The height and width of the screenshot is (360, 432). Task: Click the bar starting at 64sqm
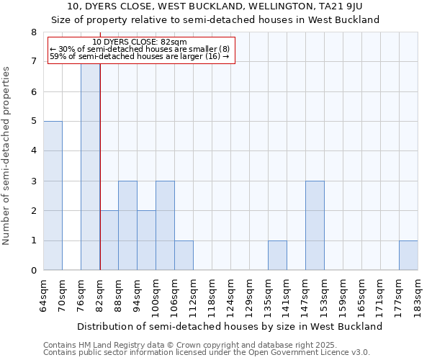click(x=53, y=196)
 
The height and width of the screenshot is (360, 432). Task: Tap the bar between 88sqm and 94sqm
click(x=127, y=225)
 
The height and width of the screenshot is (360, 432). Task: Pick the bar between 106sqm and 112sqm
click(x=184, y=256)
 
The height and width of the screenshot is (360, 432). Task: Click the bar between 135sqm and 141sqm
click(x=277, y=256)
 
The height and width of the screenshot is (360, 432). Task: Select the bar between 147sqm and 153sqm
click(x=315, y=225)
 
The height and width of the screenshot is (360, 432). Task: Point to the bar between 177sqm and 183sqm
click(x=408, y=256)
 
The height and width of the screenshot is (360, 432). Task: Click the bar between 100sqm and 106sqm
click(x=165, y=225)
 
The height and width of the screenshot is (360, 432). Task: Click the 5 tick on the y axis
click(x=33, y=121)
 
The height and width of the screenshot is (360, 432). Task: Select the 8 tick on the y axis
click(x=33, y=32)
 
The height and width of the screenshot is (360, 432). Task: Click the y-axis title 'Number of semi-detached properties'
click(x=7, y=156)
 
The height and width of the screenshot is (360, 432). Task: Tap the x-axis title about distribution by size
click(x=230, y=326)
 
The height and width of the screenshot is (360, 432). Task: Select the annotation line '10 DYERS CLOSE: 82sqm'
click(x=140, y=42)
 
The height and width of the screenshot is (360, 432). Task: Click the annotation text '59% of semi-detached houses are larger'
click(x=140, y=56)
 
